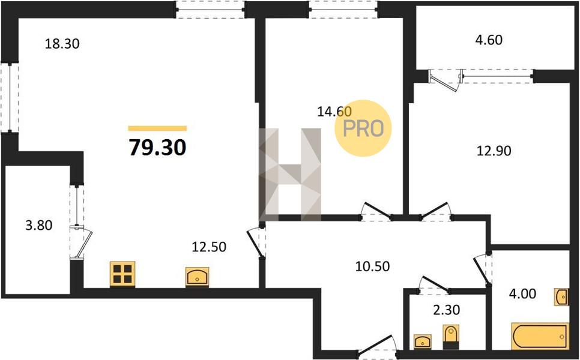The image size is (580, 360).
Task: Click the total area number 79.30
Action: [157, 148]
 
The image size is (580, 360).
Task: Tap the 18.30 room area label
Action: [62, 44]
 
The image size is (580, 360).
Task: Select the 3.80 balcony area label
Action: [39, 225]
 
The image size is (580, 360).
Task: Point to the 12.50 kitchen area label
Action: [208, 247]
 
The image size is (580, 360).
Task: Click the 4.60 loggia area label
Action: [489, 40]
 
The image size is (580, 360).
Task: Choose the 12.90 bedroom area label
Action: [494, 151]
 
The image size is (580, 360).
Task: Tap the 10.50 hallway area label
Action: [372, 266]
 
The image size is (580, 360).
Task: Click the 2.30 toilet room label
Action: [447, 310]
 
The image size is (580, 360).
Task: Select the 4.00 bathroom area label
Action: [522, 294]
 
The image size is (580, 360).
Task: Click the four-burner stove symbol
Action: [122, 274]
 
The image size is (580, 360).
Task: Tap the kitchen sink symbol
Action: [197, 277]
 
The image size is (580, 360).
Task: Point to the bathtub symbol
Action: [540, 336]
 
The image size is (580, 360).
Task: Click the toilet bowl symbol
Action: [451, 337]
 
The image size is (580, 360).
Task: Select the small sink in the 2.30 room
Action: [423, 341]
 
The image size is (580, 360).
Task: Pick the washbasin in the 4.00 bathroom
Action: [561, 297]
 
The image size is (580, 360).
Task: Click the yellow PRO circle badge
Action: [363, 128]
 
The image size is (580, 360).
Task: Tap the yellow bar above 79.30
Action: [157, 128]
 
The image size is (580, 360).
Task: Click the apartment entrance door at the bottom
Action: [376, 346]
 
